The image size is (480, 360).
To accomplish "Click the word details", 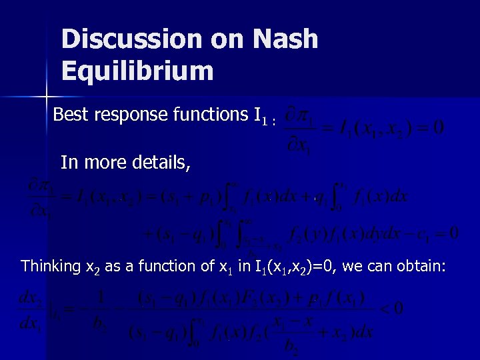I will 161,162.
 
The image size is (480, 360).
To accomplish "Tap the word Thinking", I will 51,267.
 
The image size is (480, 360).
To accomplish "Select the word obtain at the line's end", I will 424,267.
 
